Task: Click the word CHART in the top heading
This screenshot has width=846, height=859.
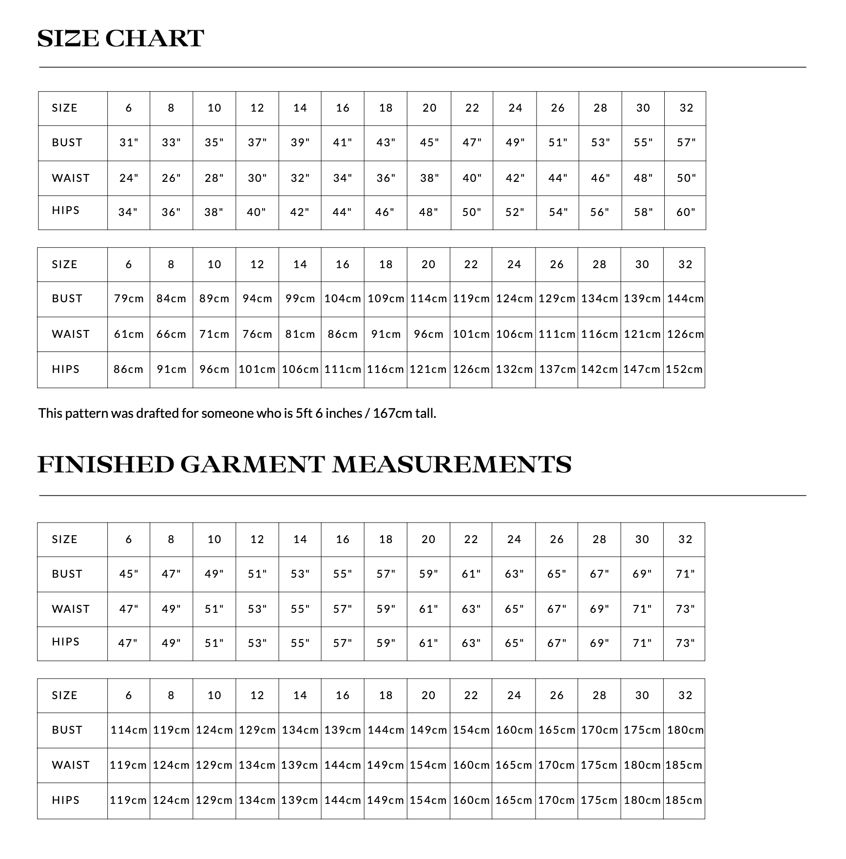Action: click(x=154, y=39)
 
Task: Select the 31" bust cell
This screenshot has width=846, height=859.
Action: click(x=129, y=143)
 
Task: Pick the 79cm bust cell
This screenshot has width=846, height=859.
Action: click(x=129, y=299)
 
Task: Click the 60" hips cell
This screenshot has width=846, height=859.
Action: click(x=686, y=213)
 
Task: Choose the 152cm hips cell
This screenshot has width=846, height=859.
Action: click(x=684, y=370)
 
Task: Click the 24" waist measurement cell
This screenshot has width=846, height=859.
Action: click(x=129, y=178)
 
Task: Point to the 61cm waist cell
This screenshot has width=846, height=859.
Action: click(x=129, y=334)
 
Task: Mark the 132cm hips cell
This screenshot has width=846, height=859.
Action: click(x=514, y=370)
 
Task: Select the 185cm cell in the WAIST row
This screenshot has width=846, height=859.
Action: click(x=684, y=765)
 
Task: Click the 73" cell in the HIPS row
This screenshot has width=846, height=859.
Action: click(x=685, y=644)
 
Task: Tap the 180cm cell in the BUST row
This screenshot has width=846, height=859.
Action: click(x=685, y=730)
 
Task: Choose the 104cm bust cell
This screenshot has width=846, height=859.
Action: click(x=343, y=299)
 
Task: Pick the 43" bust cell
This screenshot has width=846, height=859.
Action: click(x=385, y=143)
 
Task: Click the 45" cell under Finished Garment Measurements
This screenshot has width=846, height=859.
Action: click(x=129, y=574)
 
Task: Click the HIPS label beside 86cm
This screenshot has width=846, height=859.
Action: click(x=66, y=370)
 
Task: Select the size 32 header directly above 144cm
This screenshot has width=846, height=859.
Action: click(x=685, y=265)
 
